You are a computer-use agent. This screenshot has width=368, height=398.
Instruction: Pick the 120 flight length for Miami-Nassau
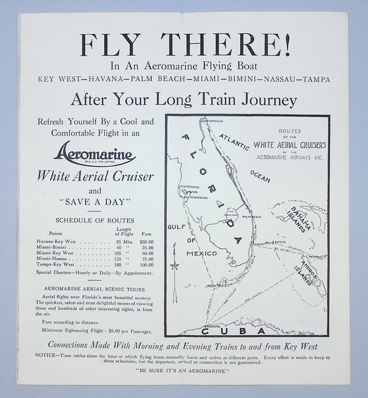pos(119,259)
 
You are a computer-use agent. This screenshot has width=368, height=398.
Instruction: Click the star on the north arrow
pos(175,267)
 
